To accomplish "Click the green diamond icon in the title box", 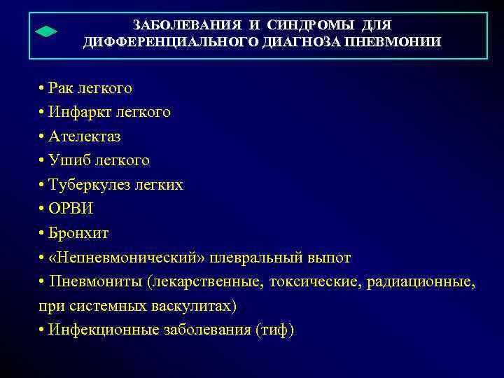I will [45, 32].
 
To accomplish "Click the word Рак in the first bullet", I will [62, 89].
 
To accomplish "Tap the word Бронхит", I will [79, 232].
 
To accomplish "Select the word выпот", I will [327, 258].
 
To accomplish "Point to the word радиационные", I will [426, 282].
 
